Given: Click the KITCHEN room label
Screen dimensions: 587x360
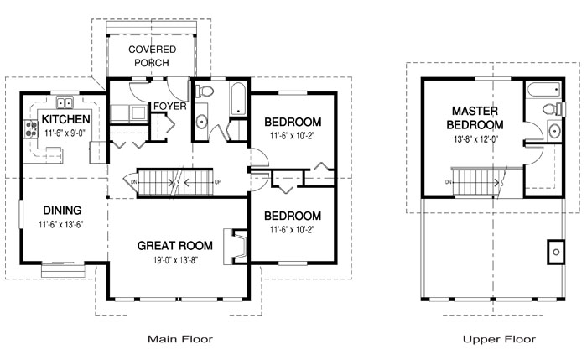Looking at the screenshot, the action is [66, 119].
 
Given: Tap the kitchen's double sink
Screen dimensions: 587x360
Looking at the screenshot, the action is [65, 102].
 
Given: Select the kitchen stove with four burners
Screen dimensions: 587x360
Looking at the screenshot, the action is [31, 129].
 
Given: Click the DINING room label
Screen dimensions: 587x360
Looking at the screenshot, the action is [62, 210].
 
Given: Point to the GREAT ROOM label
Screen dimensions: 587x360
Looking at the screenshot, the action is [174, 245].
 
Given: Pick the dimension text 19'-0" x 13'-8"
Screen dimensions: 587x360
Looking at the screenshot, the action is [175, 259].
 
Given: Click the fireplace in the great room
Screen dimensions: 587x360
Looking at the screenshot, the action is [236, 247].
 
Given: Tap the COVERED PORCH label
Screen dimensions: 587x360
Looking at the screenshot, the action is [152, 56].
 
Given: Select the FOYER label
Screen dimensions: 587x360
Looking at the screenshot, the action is [170, 107].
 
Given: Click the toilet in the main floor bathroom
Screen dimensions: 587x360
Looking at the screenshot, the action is [205, 91].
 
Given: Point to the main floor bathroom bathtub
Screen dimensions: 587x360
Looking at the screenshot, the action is [238, 98].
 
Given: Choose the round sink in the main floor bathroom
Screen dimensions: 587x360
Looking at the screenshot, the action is [201, 122].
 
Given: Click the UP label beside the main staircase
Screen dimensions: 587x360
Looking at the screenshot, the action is [217, 182].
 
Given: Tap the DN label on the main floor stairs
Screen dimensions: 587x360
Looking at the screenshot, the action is [134, 182].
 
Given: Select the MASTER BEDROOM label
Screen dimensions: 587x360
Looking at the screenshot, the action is [475, 117].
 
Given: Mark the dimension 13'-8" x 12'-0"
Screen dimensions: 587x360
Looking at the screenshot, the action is [475, 139].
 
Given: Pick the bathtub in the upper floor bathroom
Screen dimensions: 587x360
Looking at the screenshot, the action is [544, 90].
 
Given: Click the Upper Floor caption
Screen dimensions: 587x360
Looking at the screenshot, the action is [499, 339].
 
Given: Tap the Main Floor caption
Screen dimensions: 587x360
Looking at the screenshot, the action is [180, 339].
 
